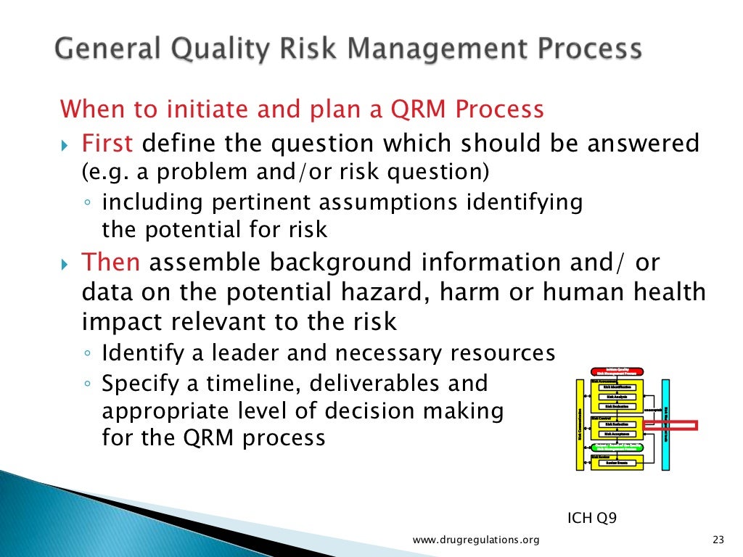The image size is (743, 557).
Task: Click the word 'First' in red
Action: tap(107, 143)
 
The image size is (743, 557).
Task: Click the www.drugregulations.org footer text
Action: tap(476, 539)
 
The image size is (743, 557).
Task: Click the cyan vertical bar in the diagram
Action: tap(665, 424)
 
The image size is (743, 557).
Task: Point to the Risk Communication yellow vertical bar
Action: tap(580, 424)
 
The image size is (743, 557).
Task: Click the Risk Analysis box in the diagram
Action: tap(618, 397)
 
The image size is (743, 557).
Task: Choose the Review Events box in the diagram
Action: tap(618, 463)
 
